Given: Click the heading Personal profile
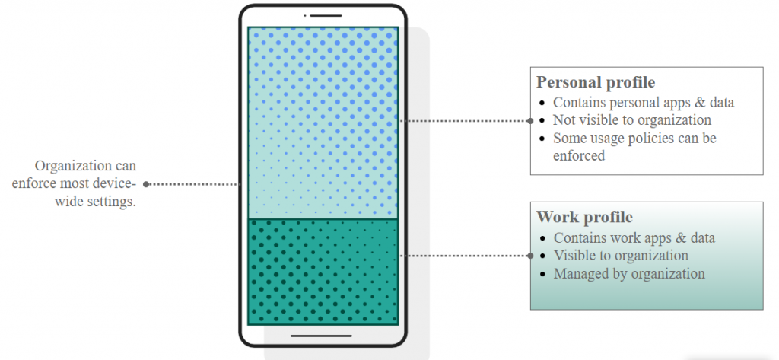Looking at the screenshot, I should (596, 82).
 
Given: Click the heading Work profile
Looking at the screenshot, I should (584, 218).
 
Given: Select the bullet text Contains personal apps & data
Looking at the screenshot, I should (644, 102).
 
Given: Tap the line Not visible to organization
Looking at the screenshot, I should (632, 120).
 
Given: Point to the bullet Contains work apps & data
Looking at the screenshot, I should (634, 237).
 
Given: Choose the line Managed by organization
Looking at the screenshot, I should (629, 273).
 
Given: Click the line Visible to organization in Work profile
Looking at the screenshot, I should (621, 256).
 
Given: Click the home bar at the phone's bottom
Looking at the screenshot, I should (321, 336).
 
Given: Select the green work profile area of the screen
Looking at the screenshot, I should (323, 271).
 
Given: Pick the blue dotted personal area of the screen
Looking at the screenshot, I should (323, 122).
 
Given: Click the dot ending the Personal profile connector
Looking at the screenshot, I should (530, 120).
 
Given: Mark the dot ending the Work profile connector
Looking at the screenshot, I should (530, 256).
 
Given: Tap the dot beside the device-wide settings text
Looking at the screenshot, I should (146, 184).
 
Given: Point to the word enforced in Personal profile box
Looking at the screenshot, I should (579, 156).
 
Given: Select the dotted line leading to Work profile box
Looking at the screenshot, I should (464, 256).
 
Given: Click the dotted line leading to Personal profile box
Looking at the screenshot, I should (464, 120).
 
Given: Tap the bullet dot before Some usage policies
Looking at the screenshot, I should (541, 139).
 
